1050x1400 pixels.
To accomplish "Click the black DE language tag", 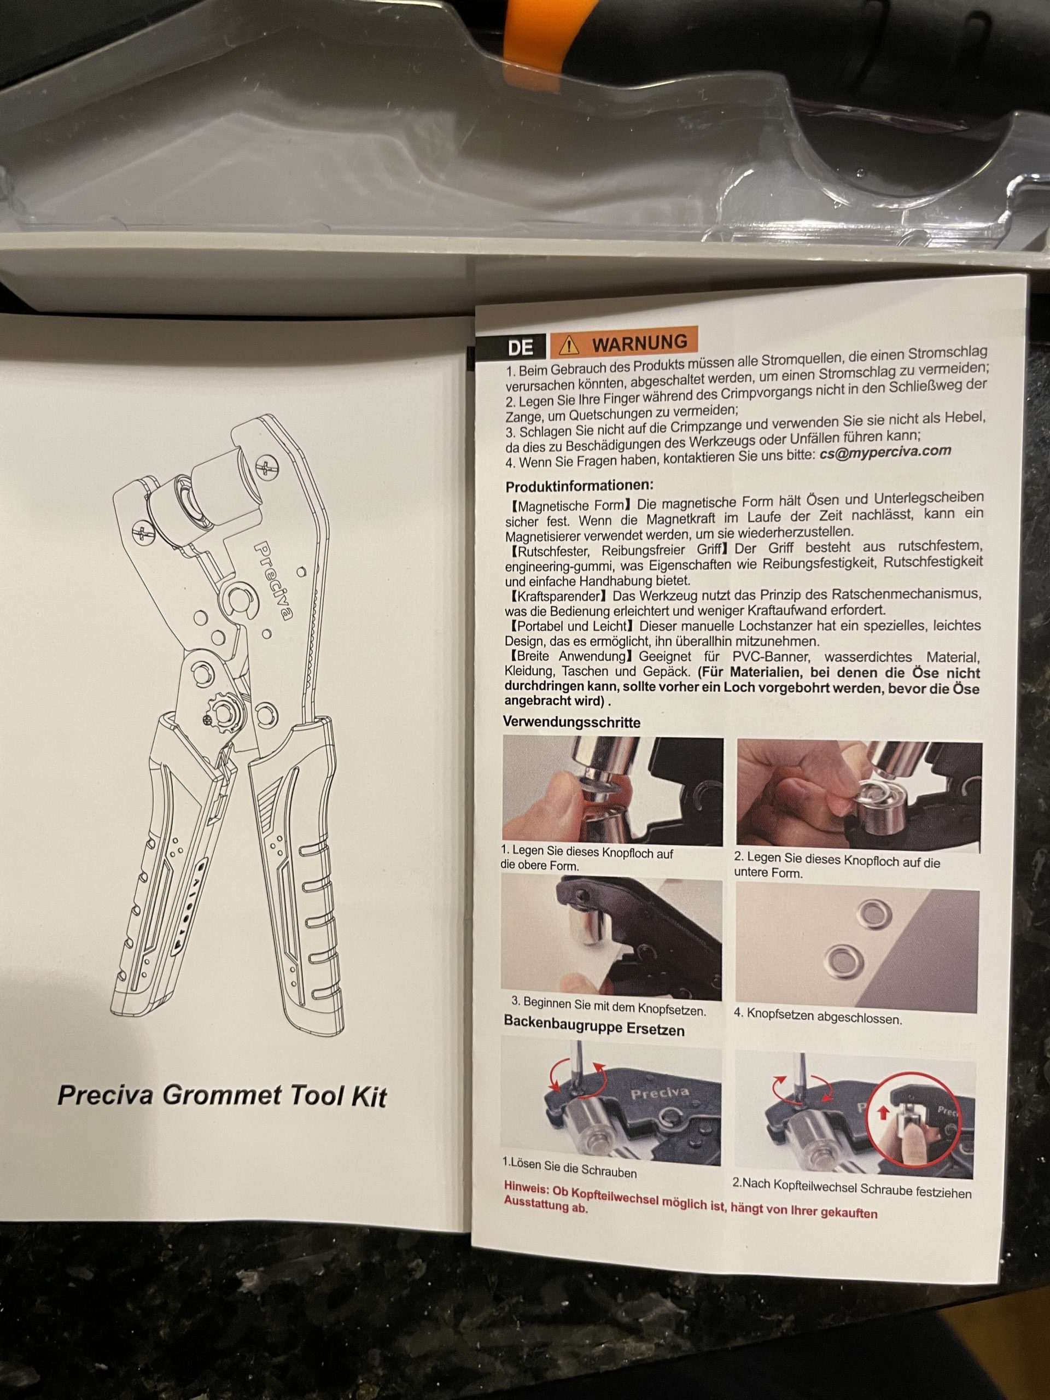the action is pyautogui.click(x=520, y=347).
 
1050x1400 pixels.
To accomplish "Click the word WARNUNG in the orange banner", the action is pyautogui.click(x=639, y=342).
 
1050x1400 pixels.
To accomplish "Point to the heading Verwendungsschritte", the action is pyautogui.click(x=571, y=721).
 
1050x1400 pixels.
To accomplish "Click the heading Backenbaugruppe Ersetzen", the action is pyautogui.click(x=594, y=1026).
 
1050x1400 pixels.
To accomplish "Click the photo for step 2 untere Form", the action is pyautogui.click(x=859, y=796).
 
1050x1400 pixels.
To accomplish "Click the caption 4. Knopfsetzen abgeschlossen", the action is pyautogui.click(x=817, y=1016).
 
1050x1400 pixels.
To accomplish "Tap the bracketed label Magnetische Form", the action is pyautogui.click(x=570, y=506).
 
